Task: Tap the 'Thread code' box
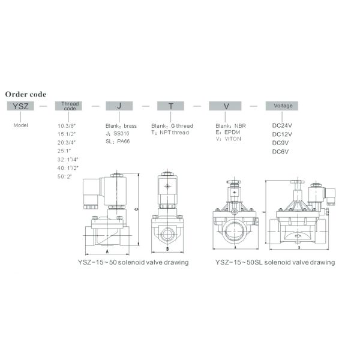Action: (70, 106)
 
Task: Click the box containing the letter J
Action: (119, 106)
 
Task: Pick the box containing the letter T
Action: (170, 106)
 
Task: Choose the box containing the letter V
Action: (226, 106)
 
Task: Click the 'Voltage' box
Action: (283, 106)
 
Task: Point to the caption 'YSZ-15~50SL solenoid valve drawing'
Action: (275, 262)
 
